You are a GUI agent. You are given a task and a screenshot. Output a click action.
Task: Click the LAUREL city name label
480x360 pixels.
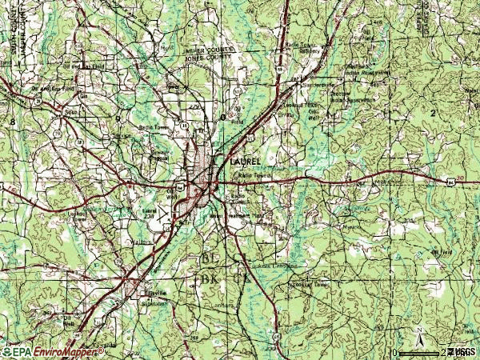244,162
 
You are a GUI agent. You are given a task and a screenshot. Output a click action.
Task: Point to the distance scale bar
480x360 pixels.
420,351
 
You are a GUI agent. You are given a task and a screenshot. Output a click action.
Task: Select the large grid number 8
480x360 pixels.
12,119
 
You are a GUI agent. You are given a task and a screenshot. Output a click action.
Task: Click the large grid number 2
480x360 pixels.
433,114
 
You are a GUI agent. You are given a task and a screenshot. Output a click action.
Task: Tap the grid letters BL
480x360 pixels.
210,260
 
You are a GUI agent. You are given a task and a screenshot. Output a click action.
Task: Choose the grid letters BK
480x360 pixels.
210,278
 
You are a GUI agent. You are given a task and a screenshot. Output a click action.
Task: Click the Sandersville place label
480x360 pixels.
318,82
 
